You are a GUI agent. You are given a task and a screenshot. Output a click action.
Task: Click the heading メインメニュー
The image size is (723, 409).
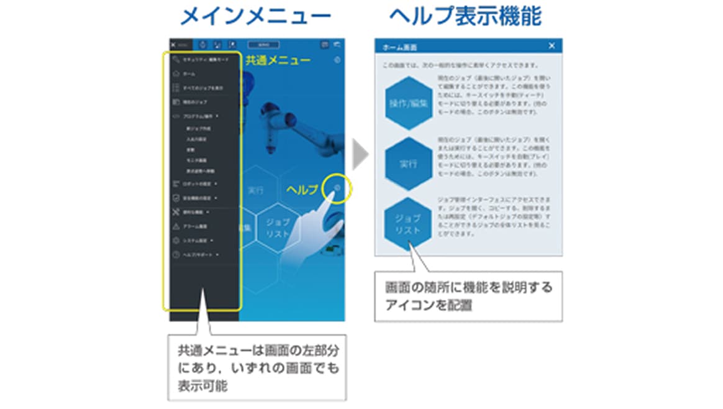(255, 16)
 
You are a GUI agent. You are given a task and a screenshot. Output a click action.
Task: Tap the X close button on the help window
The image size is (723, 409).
(552, 46)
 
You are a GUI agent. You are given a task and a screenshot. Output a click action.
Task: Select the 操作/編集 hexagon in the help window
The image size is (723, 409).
(407, 103)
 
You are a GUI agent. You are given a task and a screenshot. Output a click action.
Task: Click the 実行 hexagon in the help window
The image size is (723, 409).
(407, 165)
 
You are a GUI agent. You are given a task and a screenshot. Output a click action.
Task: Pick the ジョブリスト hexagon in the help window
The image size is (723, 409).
(407, 224)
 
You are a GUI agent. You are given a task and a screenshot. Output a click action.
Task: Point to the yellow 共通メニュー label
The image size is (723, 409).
(278, 60)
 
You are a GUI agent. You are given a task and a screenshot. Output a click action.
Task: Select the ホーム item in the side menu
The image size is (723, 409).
(189, 74)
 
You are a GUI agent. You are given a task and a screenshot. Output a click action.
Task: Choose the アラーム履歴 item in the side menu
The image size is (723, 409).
(194, 226)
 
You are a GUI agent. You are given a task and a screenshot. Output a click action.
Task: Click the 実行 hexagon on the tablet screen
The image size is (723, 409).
(255, 190)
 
